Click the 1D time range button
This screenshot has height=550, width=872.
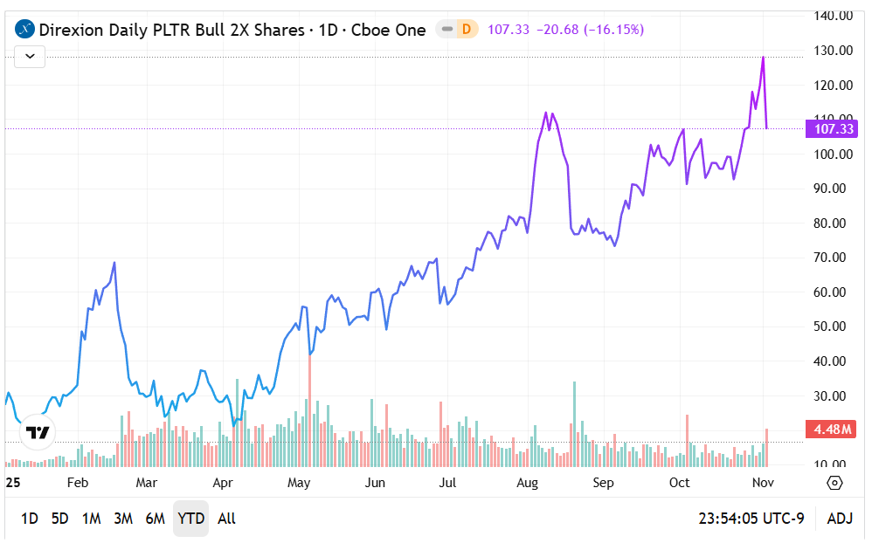coord(29,519)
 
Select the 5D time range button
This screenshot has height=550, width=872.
coord(59,519)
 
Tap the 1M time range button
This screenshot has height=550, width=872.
coord(91,519)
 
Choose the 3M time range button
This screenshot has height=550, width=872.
coord(123,519)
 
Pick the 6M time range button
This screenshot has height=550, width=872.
coord(155,519)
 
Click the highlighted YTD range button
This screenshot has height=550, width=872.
coord(190,519)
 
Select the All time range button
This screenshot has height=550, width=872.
coord(226,519)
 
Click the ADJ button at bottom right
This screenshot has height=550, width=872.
coord(839,519)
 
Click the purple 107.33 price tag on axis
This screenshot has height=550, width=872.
coord(833,129)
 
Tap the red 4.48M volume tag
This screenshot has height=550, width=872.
coord(833,429)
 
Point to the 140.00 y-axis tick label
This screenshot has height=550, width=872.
coord(834,16)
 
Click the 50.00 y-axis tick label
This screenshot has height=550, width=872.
coord(834,327)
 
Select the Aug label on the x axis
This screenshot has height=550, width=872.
coord(527,483)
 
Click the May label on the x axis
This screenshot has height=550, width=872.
coord(299,483)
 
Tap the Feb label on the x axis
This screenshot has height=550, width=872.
coord(78,483)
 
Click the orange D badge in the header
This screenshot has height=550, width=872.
coord(466,29)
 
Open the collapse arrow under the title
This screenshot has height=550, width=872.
coord(30,57)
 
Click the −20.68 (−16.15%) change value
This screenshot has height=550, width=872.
coord(591,30)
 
